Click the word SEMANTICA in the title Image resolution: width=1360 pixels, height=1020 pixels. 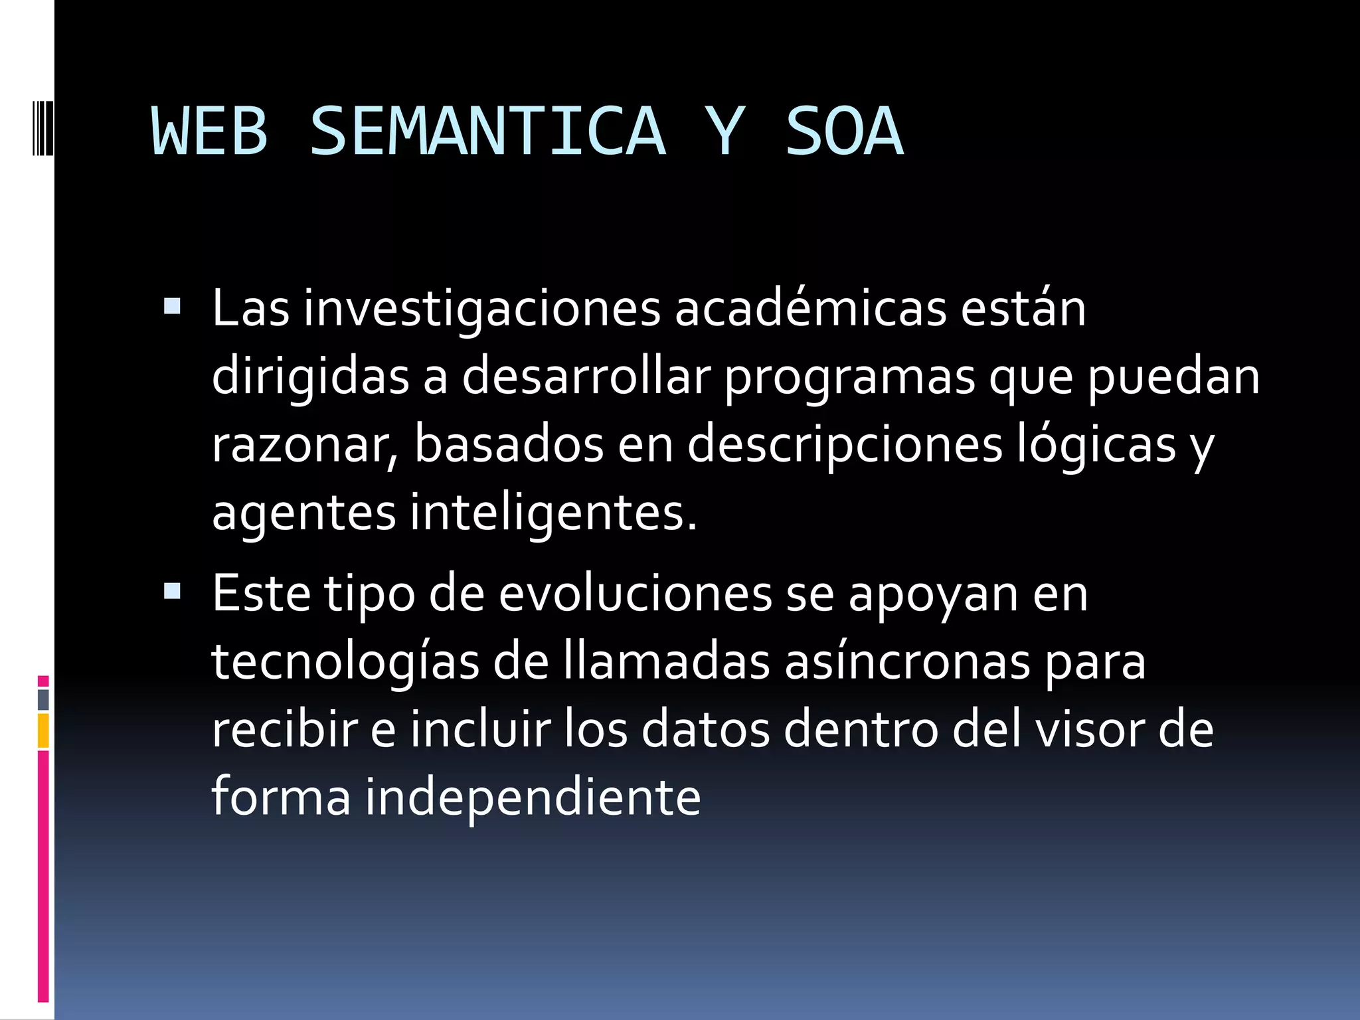point(488,131)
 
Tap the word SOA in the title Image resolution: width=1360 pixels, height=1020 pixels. point(844,131)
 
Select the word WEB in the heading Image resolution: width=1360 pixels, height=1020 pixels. point(210,131)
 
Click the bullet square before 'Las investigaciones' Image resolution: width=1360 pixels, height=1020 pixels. point(172,306)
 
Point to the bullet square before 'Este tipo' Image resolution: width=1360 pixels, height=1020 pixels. point(172,591)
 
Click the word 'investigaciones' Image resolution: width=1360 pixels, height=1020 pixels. point(482,309)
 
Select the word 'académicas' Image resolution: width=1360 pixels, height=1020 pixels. point(810,309)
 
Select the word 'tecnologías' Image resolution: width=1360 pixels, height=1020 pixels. point(345,663)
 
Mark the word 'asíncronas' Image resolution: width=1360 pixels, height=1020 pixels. point(906,662)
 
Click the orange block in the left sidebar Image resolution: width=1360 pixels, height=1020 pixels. point(43,730)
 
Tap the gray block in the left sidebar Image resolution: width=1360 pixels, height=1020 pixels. point(43,699)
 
